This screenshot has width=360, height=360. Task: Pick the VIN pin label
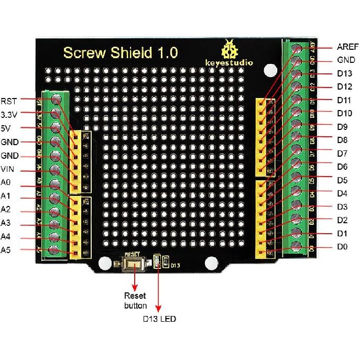click(x=8, y=169)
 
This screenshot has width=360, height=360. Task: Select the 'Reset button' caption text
click(x=135, y=300)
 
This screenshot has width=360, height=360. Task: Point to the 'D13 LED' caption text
click(x=160, y=318)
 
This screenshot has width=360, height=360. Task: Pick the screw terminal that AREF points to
click(x=298, y=49)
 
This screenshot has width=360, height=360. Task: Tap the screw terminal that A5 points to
click(x=54, y=250)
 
